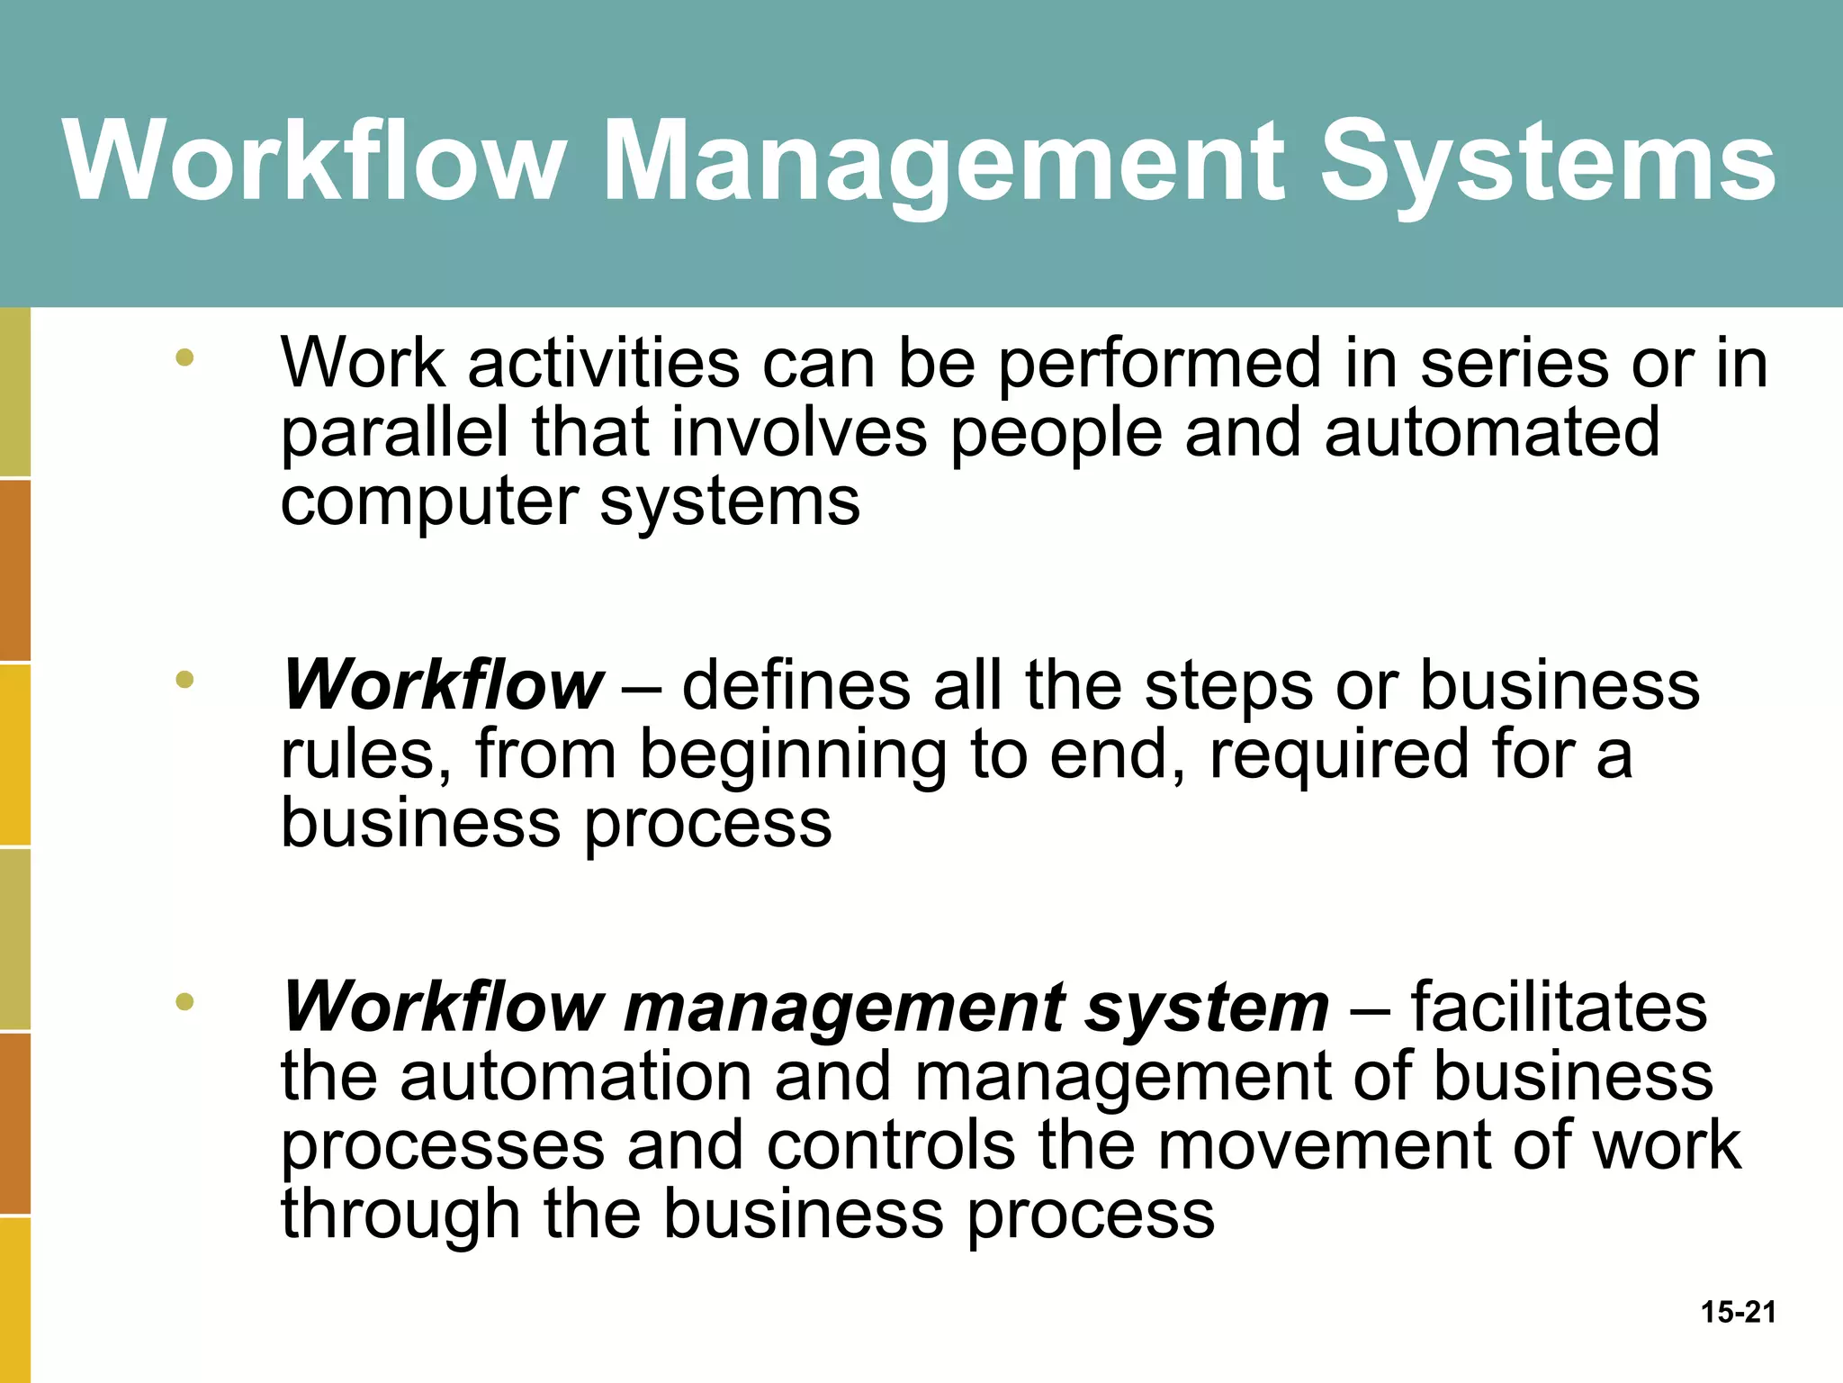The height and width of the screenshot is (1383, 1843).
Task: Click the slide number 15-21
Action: coord(1738,1312)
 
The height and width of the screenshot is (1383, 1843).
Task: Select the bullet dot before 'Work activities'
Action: coord(184,357)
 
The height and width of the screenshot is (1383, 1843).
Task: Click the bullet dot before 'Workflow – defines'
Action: coord(184,680)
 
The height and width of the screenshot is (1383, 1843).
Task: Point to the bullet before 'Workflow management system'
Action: coord(184,1001)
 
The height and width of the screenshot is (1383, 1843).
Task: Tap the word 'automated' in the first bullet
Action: coord(1491,432)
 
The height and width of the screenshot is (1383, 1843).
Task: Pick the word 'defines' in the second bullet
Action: coord(796,685)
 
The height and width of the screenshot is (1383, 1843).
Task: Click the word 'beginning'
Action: coord(793,756)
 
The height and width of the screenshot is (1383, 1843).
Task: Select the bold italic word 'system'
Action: coord(1207,1008)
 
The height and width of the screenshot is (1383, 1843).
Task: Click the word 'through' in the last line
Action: coord(400,1216)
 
